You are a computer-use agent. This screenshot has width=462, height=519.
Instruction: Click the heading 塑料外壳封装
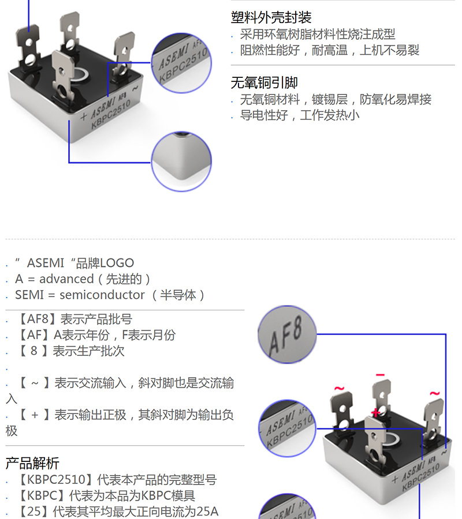point(271,17)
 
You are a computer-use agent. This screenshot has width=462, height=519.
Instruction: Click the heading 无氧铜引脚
point(264,83)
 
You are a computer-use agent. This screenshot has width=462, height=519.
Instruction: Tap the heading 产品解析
point(32,463)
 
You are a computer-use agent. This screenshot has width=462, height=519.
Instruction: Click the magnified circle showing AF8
point(287,335)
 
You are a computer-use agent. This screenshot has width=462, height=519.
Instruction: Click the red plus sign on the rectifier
point(376,412)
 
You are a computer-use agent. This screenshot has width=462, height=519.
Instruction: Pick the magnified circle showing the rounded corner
point(181,161)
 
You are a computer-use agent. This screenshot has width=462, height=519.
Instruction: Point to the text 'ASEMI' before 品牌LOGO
point(46,264)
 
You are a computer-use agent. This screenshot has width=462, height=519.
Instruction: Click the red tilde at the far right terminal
point(434,394)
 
